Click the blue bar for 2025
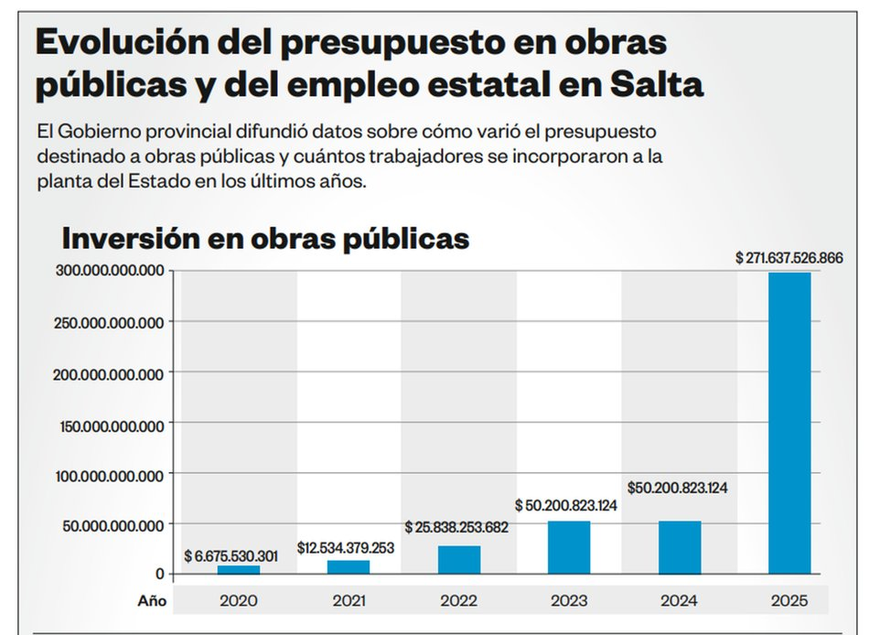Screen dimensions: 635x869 click(789, 423)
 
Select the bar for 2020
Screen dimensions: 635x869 click(239, 569)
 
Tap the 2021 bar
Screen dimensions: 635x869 click(349, 566)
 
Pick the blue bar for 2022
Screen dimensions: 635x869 click(459, 559)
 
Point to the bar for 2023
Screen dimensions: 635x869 click(569, 547)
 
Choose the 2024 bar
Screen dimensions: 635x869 click(680, 547)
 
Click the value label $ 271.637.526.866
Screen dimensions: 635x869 click(789, 259)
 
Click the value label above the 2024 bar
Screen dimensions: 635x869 click(678, 488)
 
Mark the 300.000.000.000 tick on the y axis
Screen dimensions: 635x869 click(111, 271)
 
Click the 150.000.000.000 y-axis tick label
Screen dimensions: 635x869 click(111, 425)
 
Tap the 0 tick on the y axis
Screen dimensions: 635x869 click(159, 575)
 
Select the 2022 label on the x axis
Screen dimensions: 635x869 click(459, 601)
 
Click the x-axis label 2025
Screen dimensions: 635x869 click(789, 601)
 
